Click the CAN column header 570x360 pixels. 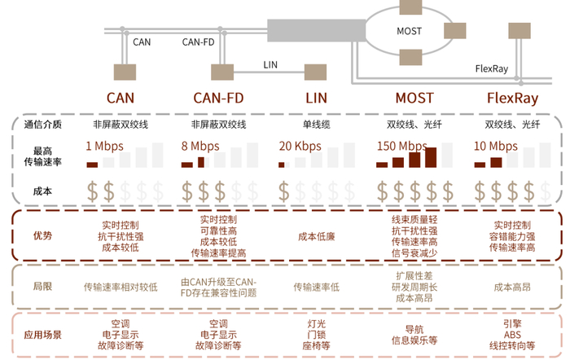click(x=121, y=99)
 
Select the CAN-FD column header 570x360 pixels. click(x=218, y=99)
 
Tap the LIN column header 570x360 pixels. click(x=316, y=99)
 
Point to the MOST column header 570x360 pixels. click(x=414, y=99)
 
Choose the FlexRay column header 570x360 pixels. click(x=512, y=99)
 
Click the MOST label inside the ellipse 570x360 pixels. click(x=409, y=31)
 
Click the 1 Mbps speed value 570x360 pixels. click(x=103, y=147)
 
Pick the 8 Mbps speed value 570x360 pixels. click(x=200, y=147)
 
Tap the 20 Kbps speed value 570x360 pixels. click(x=300, y=147)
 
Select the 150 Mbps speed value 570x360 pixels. click(x=401, y=147)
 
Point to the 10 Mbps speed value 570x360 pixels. click(x=495, y=147)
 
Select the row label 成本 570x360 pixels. click(x=42, y=191)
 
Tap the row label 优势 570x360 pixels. click(x=42, y=235)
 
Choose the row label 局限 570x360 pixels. click(x=42, y=287)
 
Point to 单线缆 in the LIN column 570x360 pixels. click(x=316, y=125)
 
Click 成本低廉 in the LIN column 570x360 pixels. click(x=316, y=236)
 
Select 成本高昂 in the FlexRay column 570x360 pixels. click(x=512, y=287)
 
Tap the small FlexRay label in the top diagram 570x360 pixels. click(x=491, y=69)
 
